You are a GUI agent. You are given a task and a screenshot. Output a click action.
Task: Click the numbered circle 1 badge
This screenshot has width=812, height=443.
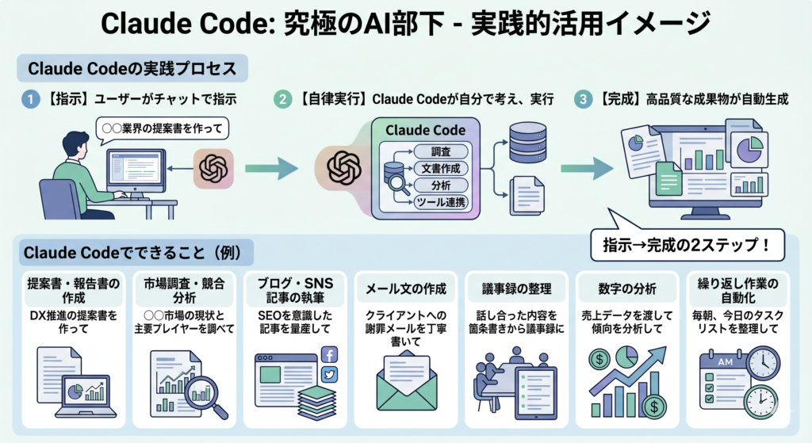click(x=29, y=101)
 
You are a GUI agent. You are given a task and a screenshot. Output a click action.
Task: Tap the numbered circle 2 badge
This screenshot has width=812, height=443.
click(x=283, y=101)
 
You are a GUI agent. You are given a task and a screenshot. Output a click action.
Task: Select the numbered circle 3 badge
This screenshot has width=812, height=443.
click(x=584, y=101)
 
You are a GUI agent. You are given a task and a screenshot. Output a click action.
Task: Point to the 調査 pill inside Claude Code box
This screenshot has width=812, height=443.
click(x=441, y=151)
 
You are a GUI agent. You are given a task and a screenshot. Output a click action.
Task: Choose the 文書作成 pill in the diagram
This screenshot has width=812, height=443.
click(x=441, y=168)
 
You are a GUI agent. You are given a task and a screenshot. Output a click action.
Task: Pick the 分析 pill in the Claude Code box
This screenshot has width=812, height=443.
click(x=441, y=185)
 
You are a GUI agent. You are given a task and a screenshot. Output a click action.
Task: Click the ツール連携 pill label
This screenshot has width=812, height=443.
click(x=441, y=203)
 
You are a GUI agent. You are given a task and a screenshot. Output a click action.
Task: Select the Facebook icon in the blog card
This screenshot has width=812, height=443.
click(x=328, y=354)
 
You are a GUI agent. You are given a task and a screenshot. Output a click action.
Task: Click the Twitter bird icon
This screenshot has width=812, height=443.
click(x=328, y=375)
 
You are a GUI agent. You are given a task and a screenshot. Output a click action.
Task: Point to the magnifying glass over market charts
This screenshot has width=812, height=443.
click(x=208, y=401)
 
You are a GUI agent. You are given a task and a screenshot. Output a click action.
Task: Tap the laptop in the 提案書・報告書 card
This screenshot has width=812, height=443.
click(x=85, y=395)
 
